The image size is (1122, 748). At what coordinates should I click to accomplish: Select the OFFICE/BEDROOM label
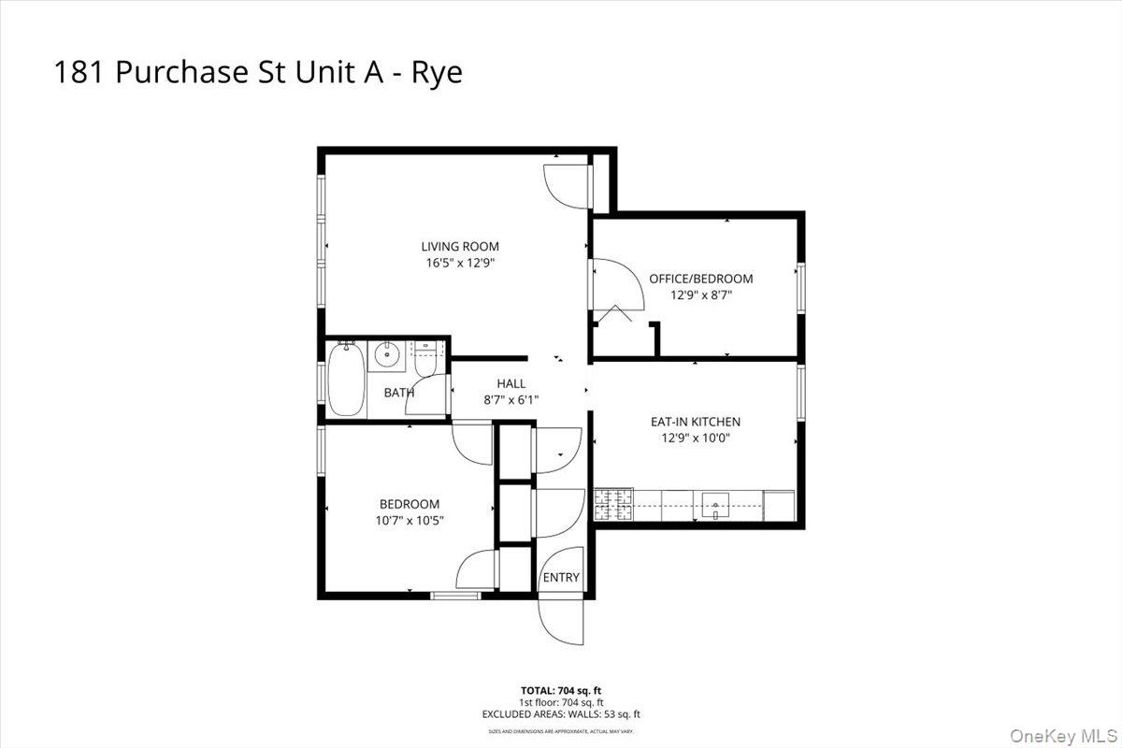(700, 279)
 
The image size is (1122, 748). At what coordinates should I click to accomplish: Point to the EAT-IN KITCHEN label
(696, 422)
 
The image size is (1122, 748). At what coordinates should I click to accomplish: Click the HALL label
(511, 383)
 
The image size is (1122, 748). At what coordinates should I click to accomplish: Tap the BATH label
(398, 393)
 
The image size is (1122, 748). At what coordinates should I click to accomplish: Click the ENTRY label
(561, 578)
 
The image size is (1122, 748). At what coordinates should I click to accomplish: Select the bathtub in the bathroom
(346, 379)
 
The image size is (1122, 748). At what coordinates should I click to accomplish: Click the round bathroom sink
(385, 354)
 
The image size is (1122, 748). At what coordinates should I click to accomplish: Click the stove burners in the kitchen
(613, 505)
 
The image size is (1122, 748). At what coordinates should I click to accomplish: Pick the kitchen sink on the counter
(716, 506)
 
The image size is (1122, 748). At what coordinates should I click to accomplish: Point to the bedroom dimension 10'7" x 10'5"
(410, 519)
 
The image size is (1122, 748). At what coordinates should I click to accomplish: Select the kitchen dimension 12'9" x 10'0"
(696, 438)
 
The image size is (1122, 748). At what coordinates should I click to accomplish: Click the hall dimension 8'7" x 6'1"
(511, 399)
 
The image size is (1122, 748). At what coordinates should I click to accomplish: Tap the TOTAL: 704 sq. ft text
(561, 690)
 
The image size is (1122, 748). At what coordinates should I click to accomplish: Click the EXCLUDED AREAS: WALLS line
(561, 714)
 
